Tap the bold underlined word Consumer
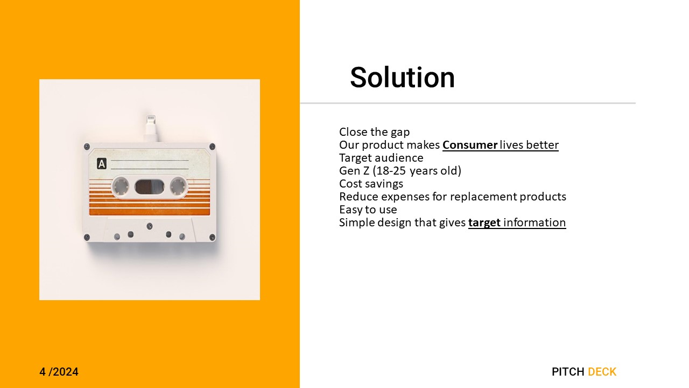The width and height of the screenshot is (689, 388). (x=470, y=145)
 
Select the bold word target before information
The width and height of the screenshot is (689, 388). (x=484, y=223)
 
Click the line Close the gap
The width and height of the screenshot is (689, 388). (x=374, y=132)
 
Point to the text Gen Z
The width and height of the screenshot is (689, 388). (x=354, y=171)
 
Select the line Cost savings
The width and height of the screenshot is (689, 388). (x=371, y=184)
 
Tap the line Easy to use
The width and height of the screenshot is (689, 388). (x=368, y=210)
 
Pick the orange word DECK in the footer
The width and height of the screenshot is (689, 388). (x=602, y=372)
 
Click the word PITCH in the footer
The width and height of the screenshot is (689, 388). (x=568, y=372)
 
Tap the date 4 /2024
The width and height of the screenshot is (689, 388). (x=59, y=372)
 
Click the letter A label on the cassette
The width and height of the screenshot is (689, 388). (x=102, y=164)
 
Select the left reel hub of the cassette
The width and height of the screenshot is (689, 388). (x=120, y=186)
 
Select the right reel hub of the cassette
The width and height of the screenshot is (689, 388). (x=178, y=186)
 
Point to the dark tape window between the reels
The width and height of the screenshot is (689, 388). (x=149, y=186)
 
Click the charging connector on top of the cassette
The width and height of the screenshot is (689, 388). (x=151, y=128)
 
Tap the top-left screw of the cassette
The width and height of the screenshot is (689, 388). (x=87, y=147)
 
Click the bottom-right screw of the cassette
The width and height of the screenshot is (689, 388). (x=212, y=238)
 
